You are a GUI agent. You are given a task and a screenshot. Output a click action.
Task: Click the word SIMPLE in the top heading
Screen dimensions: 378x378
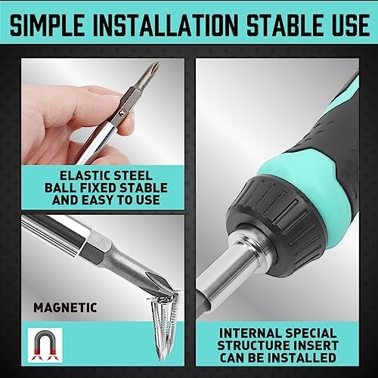[47, 25]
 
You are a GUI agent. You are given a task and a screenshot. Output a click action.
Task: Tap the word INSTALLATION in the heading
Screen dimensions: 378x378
[166, 25]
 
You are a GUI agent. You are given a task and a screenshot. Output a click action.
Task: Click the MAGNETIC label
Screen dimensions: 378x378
[65, 308]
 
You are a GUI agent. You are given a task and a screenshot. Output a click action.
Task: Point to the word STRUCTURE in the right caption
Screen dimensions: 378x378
[255, 345]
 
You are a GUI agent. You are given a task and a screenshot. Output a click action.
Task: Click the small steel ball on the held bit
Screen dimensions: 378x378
[122, 113]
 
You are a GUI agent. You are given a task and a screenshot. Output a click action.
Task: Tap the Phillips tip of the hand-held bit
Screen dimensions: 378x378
[153, 69]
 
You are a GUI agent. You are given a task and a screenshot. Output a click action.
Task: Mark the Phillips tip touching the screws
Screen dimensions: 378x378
[160, 283]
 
